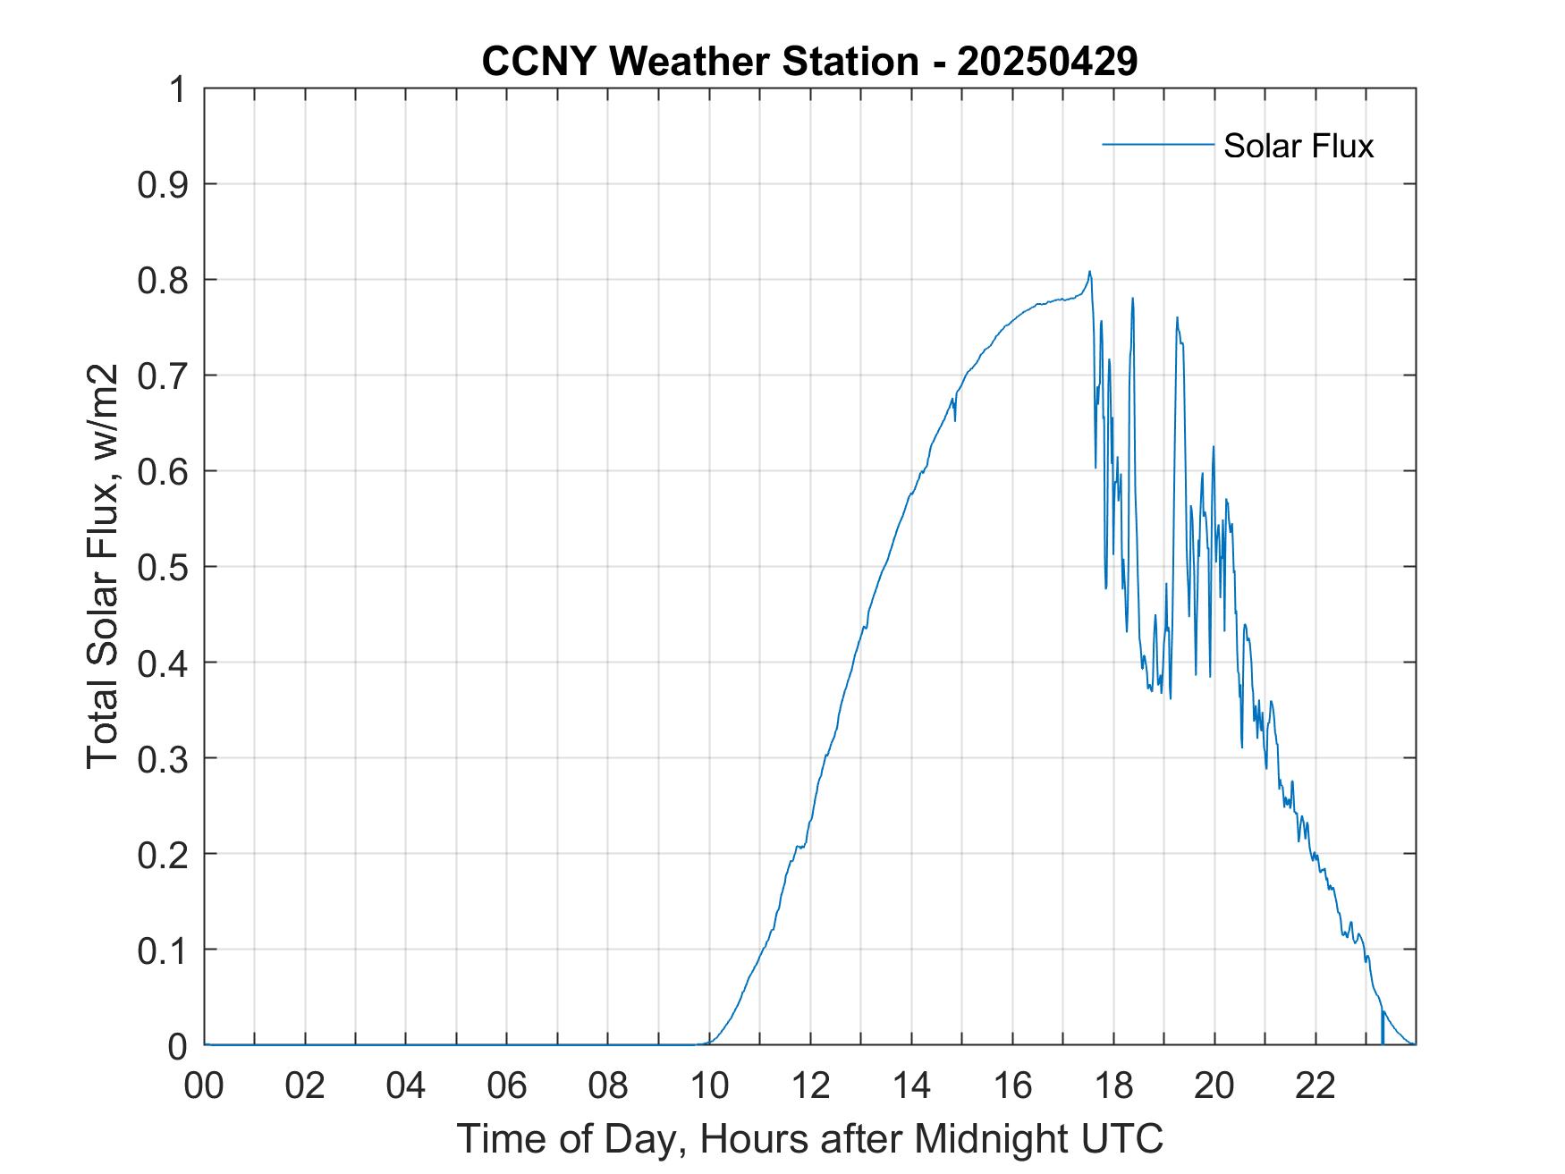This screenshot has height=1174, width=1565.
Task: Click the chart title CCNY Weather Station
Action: coord(699,62)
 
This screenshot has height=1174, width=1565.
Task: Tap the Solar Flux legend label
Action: coord(1298,146)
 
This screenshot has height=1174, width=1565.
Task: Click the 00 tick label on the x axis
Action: coord(204,1086)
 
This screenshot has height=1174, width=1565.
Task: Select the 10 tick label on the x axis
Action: coord(709,1086)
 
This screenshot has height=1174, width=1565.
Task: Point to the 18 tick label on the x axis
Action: coord(1113,1086)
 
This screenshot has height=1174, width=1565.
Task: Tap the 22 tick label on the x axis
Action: coord(1315,1086)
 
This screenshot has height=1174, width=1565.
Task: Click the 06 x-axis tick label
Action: coord(507,1086)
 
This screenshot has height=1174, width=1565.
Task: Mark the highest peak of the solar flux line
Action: coord(1089,272)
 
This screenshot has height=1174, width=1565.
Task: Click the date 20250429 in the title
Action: coord(1047,62)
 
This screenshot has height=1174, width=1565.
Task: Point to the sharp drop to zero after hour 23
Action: coord(1383,1028)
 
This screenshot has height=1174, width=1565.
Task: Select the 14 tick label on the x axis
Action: coord(911,1086)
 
